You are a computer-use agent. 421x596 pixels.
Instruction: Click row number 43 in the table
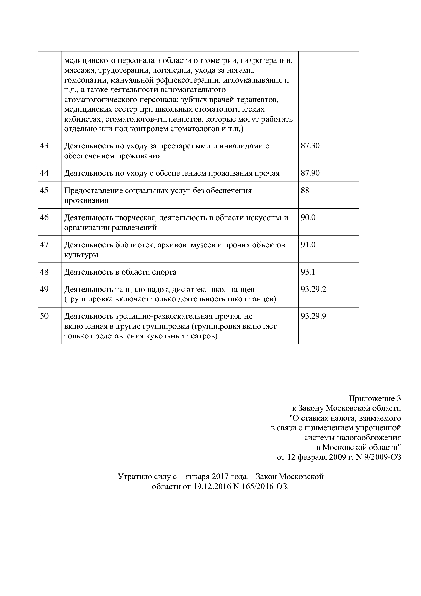click(x=44, y=146)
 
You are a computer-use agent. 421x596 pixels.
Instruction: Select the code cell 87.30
click(x=310, y=146)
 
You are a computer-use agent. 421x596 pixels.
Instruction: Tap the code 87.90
click(x=310, y=173)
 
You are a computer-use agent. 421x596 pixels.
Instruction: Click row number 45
click(x=44, y=190)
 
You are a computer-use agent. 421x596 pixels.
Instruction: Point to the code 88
click(x=305, y=190)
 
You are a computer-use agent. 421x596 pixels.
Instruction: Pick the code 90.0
click(x=308, y=217)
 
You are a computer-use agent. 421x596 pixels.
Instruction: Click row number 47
click(x=44, y=245)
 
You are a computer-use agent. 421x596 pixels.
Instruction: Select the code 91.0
click(x=308, y=245)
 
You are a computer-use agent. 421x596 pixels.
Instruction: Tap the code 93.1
click(x=308, y=272)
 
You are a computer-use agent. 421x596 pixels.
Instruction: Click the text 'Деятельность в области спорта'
click(x=120, y=272)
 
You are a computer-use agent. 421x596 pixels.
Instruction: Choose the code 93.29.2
click(x=313, y=289)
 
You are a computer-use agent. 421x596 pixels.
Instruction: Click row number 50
click(x=44, y=316)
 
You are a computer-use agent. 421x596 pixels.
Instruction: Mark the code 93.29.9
click(x=313, y=316)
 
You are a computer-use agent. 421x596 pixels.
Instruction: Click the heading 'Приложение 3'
click(x=375, y=399)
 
